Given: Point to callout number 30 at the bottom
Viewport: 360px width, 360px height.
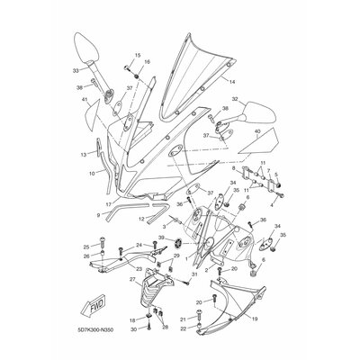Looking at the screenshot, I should pos(134,330).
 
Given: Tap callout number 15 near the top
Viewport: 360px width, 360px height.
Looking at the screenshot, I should pos(139,55).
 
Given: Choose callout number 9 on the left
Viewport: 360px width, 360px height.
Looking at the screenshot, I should pos(98,215).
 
